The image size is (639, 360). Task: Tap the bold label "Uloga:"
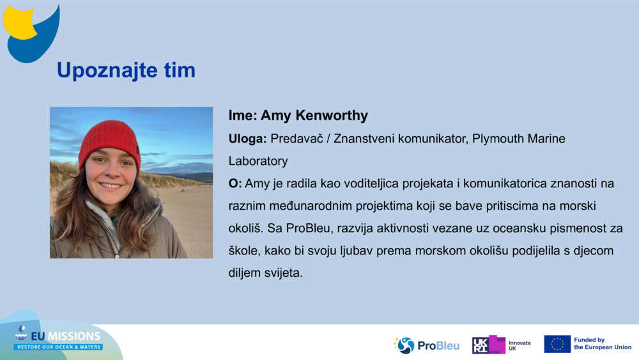coord(248,139)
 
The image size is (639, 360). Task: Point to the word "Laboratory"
coord(258,160)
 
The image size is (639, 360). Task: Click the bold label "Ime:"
coord(243,116)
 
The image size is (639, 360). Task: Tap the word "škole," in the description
coord(245,251)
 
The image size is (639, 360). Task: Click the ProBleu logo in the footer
coord(427,345)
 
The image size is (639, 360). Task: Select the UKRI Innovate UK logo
coord(502,345)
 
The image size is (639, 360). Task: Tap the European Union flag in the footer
coord(557,344)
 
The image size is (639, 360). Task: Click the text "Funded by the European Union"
coord(602,344)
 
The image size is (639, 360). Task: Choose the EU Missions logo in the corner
coord(58,338)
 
